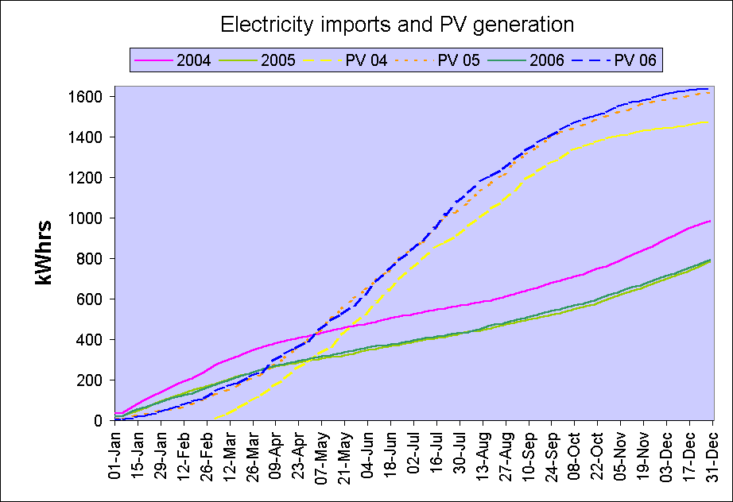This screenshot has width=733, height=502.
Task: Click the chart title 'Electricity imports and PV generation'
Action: (397, 25)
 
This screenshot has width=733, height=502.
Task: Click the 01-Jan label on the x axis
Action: (117, 455)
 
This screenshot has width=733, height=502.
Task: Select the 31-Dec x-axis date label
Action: (712, 455)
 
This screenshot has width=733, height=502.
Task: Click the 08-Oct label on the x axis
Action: (575, 455)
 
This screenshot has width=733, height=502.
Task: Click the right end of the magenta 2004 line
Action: (710, 221)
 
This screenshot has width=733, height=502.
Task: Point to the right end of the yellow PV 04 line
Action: (710, 122)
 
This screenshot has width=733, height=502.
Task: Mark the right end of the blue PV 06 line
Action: (710, 89)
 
